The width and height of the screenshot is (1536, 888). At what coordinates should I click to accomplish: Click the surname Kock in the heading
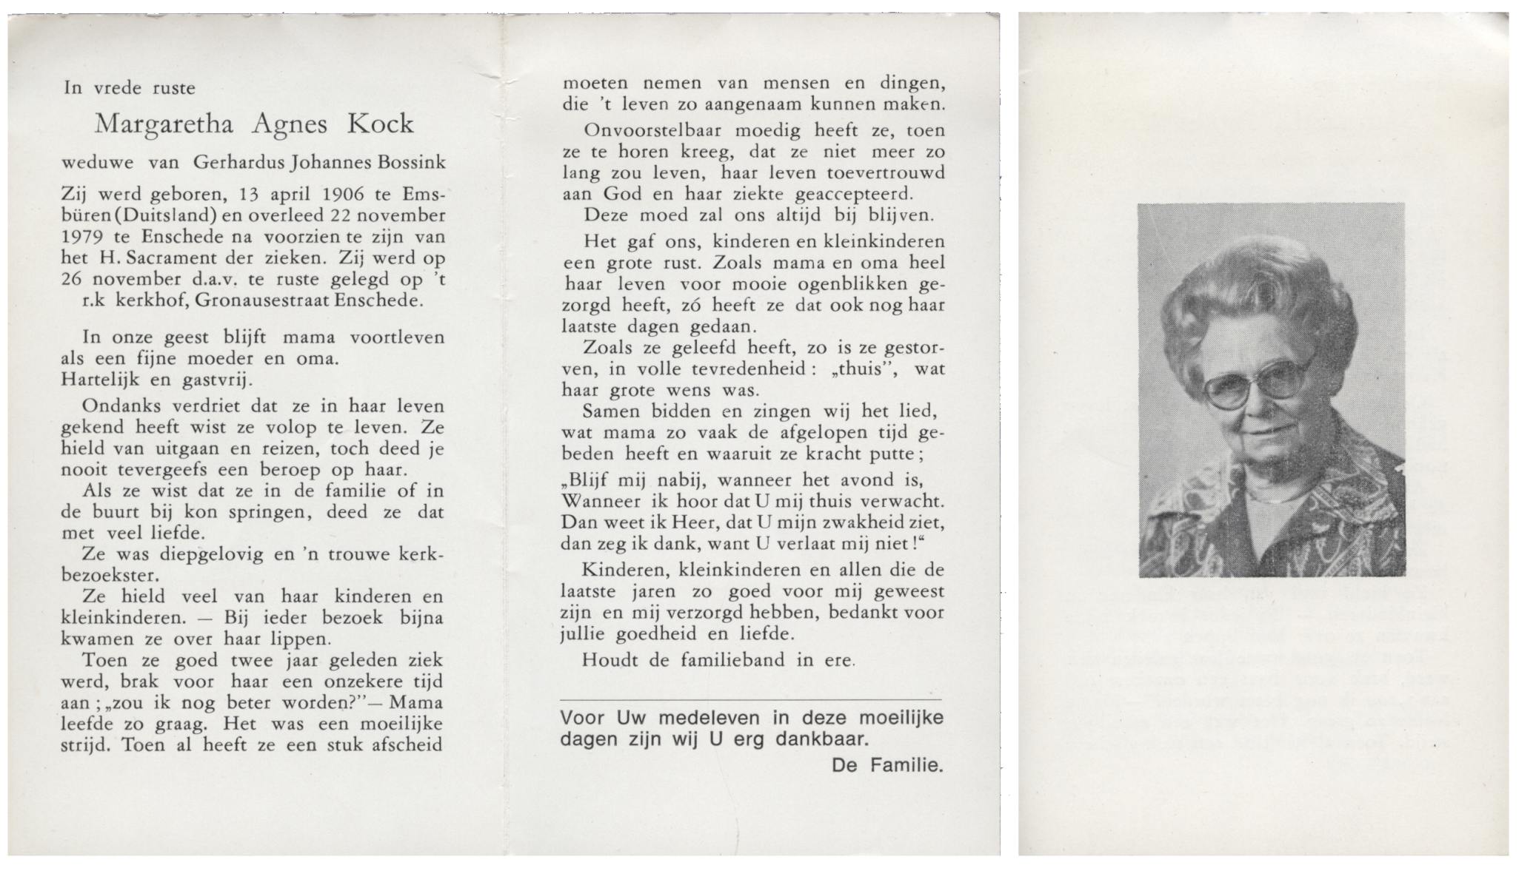(381, 124)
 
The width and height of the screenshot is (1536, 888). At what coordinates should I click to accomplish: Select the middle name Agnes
(289, 125)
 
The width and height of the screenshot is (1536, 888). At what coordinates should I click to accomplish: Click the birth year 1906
(344, 195)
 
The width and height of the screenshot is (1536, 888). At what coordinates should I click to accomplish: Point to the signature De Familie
(887, 765)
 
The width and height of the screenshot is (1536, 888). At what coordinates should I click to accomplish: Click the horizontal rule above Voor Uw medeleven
(751, 699)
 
